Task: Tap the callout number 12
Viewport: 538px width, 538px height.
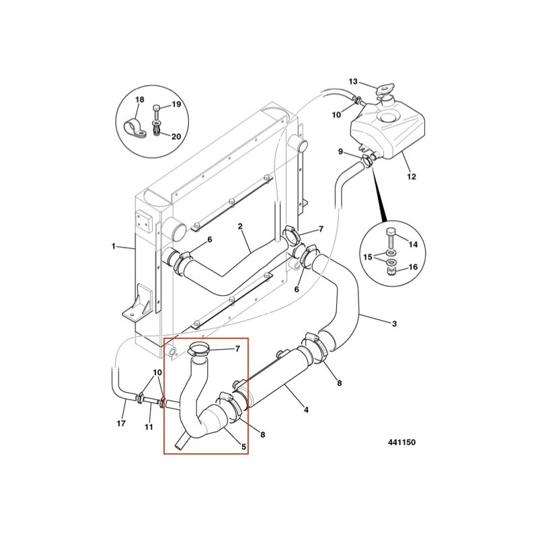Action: pyautogui.click(x=412, y=177)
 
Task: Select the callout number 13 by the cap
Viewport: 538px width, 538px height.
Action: pyautogui.click(x=353, y=81)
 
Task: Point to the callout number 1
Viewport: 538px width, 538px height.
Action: pyautogui.click(x=114, y=247)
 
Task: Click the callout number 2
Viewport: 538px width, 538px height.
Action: pyautogui.click(x=240, y=227)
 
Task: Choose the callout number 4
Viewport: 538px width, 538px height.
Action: pyautogui.click(x=306, y=409)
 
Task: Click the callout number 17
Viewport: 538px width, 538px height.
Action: pyautogui.click(x=121, y=423)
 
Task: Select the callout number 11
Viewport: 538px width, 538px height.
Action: pyautogui.click(x=149, y=427)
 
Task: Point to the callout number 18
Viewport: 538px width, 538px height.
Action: pyautogui.click(x=140, y=100)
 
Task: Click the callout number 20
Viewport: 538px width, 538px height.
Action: pyautogui.click(x=176, y=136)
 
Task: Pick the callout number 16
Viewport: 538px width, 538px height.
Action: pyautogui.click(x=413, y=267)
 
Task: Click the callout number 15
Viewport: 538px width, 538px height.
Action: pyautogui.click(x=369, y=257)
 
